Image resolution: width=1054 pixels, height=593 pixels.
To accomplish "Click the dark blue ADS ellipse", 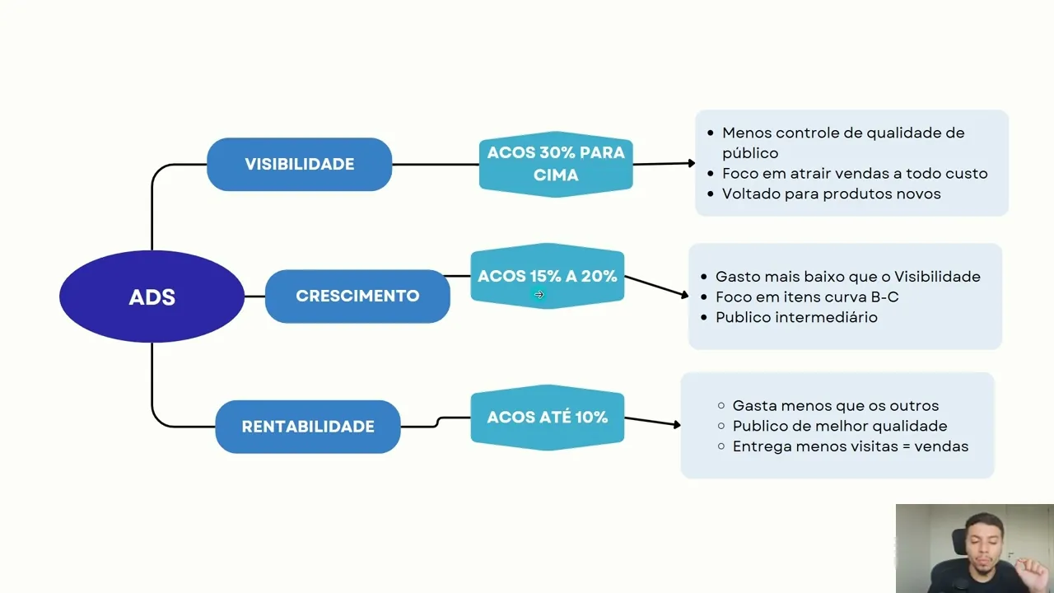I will pyautogui.click(x=152, y=296).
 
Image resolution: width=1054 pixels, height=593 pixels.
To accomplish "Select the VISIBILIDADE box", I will pyautogui.click(x=299, y=164).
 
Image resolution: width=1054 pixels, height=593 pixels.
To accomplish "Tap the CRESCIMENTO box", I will pyautogui.click(x=357, y=296).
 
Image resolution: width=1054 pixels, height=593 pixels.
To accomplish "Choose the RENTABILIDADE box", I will pyautogui.click(x=308, y=427).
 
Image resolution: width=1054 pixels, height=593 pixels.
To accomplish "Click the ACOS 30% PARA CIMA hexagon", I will pyautogui.click(x=556, y=164).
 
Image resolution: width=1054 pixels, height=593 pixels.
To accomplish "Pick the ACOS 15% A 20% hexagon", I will pyautogui.click(x=547, y=276).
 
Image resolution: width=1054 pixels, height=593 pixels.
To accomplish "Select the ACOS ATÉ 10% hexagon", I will pyautogui.click(x=547, y=418).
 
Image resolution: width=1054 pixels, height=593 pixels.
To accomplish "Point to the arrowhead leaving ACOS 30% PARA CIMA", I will pyautogui.click(x=691, y=163).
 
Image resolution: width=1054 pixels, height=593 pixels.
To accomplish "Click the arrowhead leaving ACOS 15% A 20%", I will pyautogui.click(x=683, y=294).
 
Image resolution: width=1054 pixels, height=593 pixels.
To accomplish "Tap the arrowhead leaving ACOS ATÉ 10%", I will pyautogui.click(x=676, y=425).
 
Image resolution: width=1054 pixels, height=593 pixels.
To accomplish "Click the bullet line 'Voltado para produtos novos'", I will pyautogui.click(x=831, y=194).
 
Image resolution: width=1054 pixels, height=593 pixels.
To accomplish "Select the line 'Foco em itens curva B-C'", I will pyautogui.click(x=807, y=296).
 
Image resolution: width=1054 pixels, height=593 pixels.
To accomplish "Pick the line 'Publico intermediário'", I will pyautogui.click(x=796, y=317).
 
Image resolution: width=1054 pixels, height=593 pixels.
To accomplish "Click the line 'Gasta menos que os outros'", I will pyautogui.click(x=835, y=405).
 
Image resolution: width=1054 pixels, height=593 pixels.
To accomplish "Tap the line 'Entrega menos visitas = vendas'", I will pyautogui.click(x=850, y=446).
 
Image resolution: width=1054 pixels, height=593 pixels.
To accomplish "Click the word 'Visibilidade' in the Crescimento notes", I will pyautogui.click(x=937, y=277).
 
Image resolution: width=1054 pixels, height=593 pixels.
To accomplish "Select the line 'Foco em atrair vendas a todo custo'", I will pyautogui.click(x=854, y=174).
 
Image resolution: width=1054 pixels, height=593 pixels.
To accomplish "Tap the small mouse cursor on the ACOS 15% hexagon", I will pyautogui.click(x=539, y=294).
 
